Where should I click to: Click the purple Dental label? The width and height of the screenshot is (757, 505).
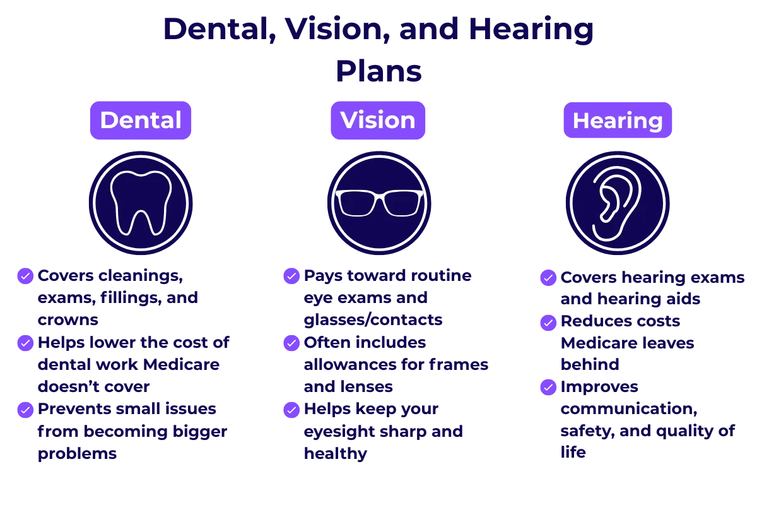141,120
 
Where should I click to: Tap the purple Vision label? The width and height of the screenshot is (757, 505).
378,120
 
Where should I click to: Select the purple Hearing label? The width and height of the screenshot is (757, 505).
618,120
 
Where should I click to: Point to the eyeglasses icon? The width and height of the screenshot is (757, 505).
378,202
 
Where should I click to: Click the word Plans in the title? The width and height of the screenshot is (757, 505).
378,71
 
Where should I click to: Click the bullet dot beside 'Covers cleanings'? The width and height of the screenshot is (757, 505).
25,276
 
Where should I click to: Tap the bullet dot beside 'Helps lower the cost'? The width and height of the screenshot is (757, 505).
25,343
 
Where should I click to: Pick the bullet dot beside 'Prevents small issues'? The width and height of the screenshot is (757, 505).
25,410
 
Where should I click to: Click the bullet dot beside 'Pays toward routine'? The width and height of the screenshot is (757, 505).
292,276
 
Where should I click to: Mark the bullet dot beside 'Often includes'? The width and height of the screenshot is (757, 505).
292,343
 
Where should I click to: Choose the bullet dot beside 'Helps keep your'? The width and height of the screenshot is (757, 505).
292,410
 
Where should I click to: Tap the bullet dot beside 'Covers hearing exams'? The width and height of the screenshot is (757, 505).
549,278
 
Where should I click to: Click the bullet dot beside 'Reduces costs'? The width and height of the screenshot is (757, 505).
549,322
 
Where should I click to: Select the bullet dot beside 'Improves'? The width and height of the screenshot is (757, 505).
549,387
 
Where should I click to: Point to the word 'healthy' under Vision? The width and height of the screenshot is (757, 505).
335,454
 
